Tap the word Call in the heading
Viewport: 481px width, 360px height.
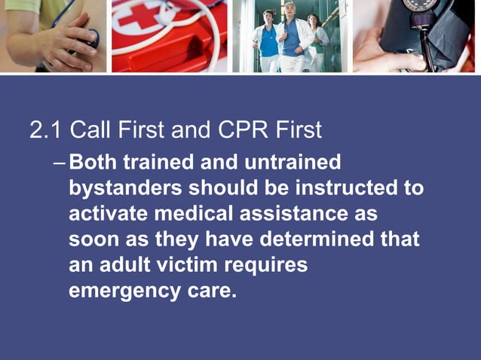point(90,131)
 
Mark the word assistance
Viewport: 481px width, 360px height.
point(293,214)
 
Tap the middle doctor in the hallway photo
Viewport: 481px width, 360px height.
point(291,34)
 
